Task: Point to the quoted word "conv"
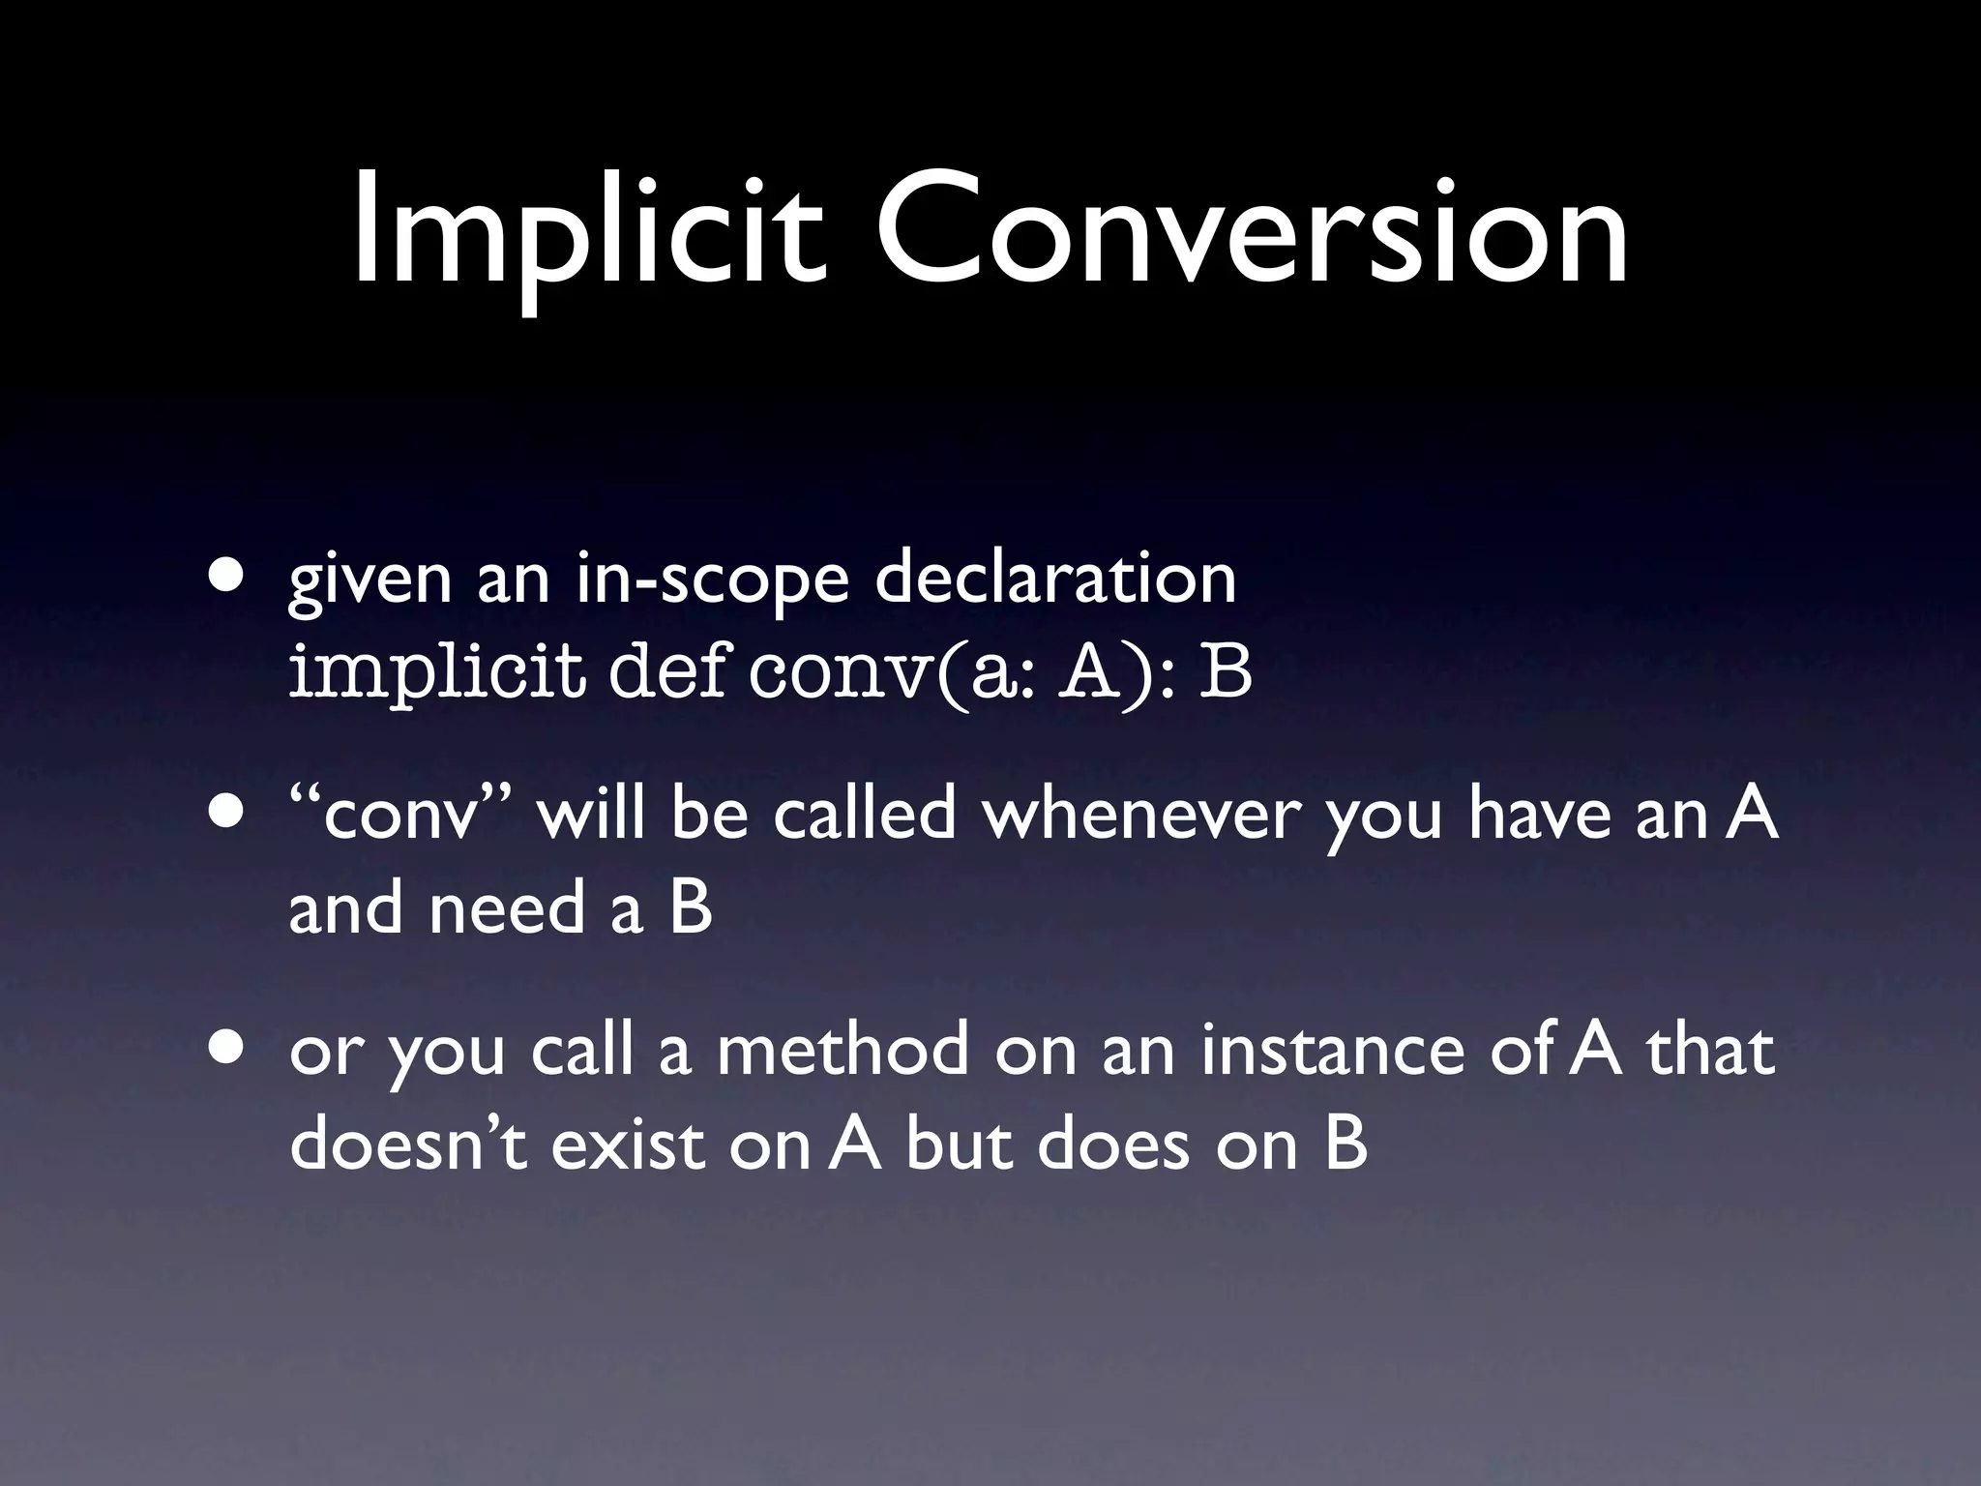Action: [403, 816]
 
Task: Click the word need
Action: [507, 908]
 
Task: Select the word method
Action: [843, 1051]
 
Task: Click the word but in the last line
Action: [959, 1145]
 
